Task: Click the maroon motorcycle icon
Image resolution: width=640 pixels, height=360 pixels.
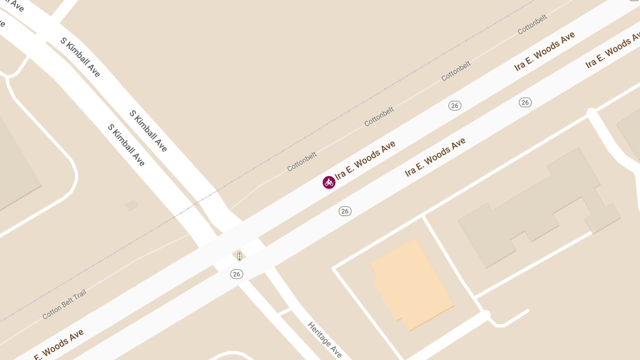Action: (329, 182)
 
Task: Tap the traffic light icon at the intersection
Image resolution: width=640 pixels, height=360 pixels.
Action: (239, 257)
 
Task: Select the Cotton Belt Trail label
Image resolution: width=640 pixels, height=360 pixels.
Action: (64, 304)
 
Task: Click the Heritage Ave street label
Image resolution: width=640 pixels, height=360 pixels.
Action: (325, 340)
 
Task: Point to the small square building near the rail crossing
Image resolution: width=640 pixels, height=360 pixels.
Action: (132, 205)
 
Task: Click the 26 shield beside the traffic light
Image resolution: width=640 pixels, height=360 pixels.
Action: (237, 274)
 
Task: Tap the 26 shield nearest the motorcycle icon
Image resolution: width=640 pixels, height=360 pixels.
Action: (345, 211)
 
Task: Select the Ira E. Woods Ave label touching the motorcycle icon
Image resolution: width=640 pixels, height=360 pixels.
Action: (365, 159)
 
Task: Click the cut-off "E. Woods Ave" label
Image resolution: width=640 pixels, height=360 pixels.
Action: (59, 345)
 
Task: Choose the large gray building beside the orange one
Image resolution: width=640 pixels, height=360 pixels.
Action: (539, 208)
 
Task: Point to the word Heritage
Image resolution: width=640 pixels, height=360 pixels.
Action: (320, 334)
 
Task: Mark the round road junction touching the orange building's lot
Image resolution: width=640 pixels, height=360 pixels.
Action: (485, 316)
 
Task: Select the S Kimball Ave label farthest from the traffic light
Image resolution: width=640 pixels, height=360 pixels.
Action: (80, 57)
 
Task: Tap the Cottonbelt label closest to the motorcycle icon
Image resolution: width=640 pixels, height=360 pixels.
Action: (302, 162)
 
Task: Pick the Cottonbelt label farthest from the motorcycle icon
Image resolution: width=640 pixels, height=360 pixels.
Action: (532, 25)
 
